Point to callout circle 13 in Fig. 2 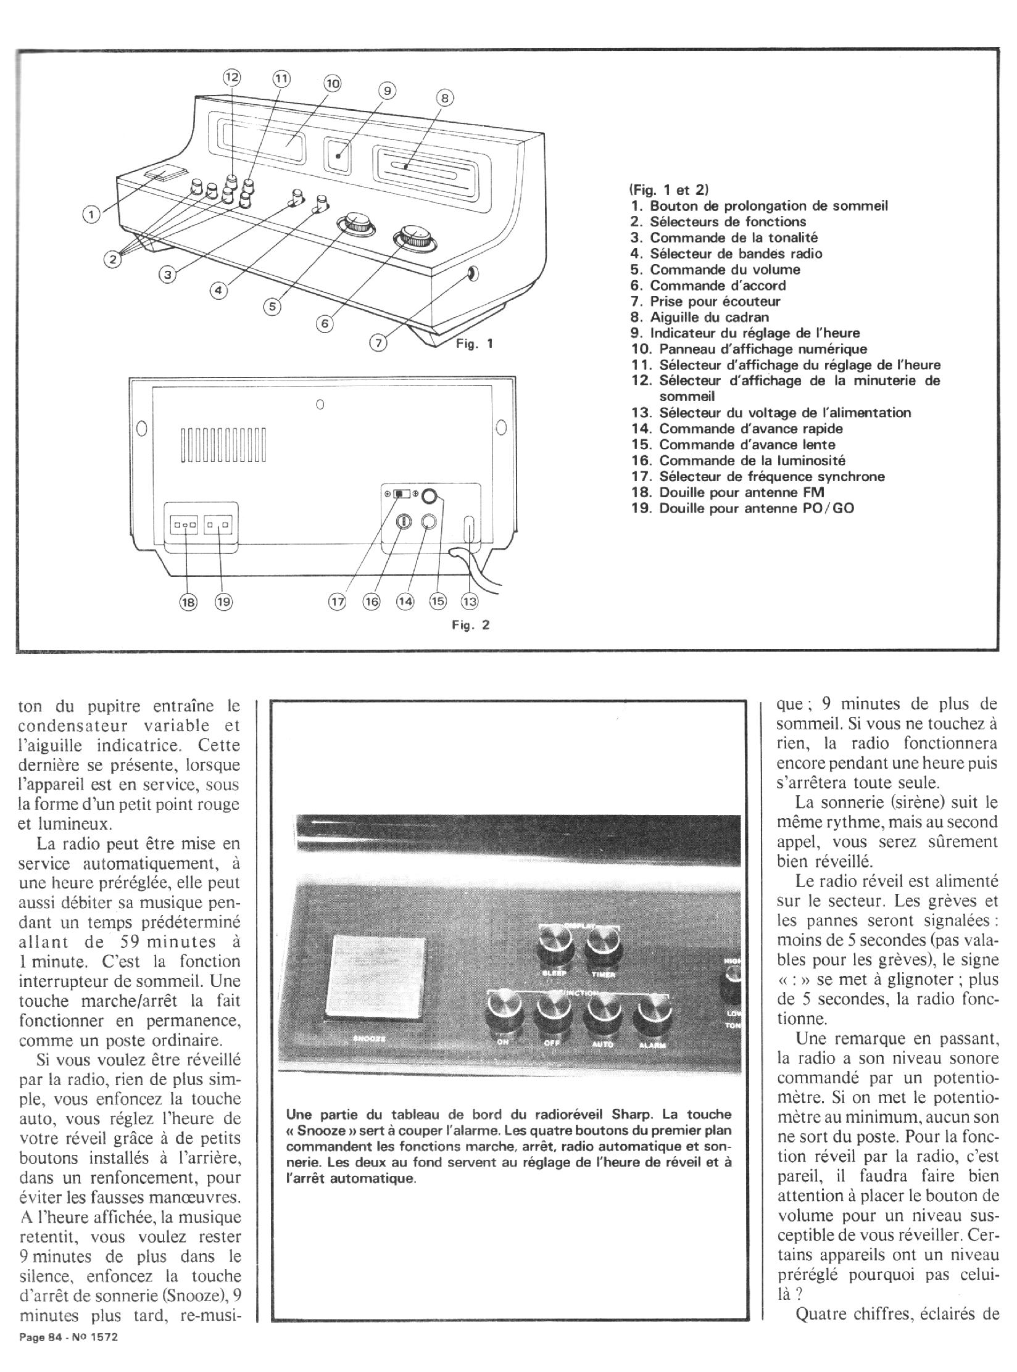470,601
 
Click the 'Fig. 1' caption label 474,344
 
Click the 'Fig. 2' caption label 471,625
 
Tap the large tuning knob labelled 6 415,239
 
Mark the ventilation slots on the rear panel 223,444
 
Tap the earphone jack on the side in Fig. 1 473,273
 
